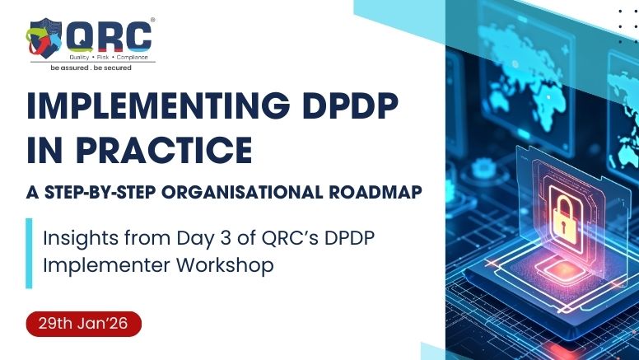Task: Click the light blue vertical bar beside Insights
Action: click(x=29, y=253)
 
